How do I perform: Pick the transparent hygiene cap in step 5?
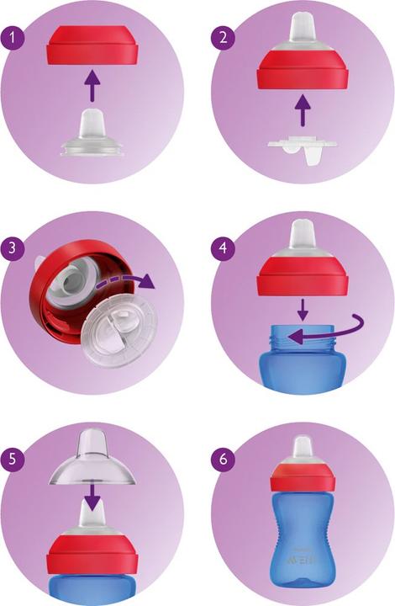tap(90, 460)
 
